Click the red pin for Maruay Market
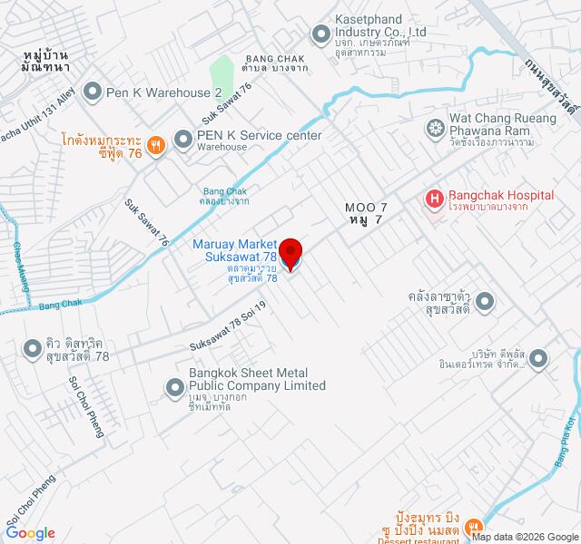[x=290, y=252]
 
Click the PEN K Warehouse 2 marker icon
[x=92, y=92]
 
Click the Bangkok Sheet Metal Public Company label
[x=256, y=379]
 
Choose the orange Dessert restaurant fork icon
[x=473, y=527]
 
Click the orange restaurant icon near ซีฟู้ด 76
[x=156, y=145]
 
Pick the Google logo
[x=29, y=533]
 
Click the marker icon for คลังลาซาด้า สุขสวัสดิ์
[x=486, y=300]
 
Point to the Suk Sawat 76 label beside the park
[x=226, y=102]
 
